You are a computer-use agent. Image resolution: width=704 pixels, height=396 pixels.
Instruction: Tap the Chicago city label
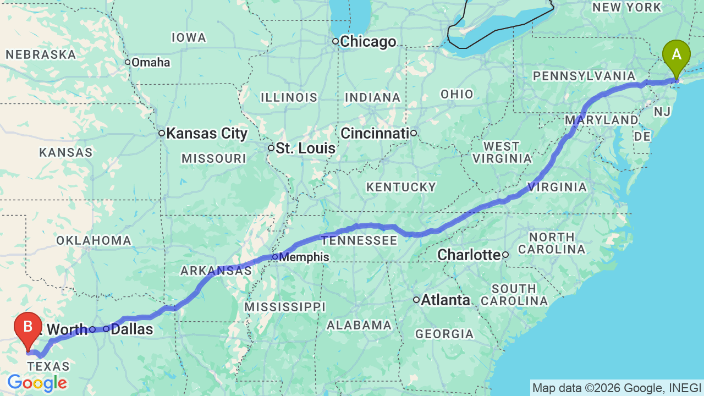point(367,42)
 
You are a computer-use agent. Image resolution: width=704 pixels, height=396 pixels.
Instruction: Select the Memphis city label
point(304,257)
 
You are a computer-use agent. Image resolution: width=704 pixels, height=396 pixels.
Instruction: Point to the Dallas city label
point(131,329)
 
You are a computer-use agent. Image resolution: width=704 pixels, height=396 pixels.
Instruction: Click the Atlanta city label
point(446,300)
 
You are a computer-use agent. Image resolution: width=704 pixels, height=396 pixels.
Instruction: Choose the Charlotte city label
point(469,255)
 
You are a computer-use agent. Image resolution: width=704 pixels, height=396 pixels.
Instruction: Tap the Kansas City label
point(207,133)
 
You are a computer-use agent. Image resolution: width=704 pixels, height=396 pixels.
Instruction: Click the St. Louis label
point(305,148)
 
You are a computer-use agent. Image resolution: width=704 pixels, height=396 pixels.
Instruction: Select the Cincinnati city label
point(375,133)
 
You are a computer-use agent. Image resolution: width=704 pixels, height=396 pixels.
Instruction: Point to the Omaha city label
point(151,62)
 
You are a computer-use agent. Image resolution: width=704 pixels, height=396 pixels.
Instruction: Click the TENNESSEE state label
point(359,240)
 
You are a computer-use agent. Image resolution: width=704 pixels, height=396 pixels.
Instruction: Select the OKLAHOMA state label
point(94,240)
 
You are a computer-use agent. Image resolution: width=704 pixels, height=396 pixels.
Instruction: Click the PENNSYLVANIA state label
point(584,76)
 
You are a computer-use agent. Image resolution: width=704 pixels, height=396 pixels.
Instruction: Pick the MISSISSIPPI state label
point(285,306)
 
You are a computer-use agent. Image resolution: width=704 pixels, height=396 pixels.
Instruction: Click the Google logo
point(37,383)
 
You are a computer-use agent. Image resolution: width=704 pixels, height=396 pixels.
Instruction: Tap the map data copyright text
point(617,388)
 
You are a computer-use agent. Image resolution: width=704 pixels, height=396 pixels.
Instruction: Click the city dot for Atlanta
point(417,300)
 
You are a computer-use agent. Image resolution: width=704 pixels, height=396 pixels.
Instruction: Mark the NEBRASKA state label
point(41,54)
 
